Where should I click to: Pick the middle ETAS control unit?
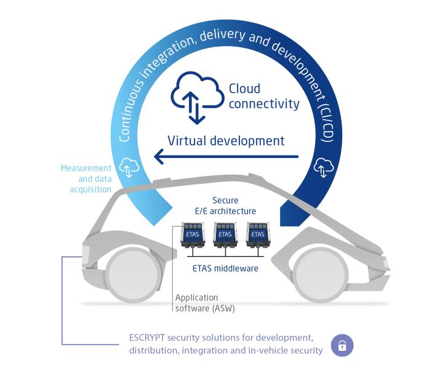226,234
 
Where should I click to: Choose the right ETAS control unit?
258,234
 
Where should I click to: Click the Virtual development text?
225,140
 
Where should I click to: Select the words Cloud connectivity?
263,96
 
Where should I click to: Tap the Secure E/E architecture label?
225,206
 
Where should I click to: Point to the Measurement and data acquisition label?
87,178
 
